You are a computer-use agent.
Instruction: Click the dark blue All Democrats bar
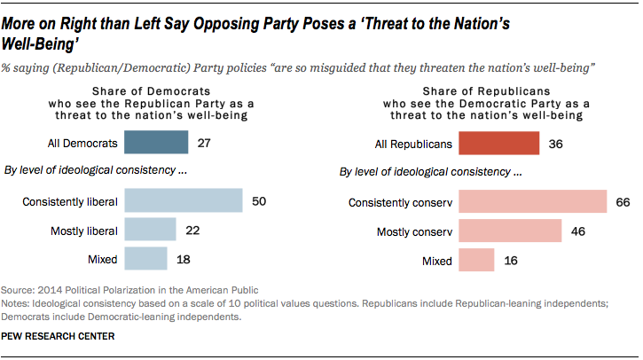(156, 143)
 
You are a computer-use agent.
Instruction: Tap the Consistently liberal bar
(184, 201)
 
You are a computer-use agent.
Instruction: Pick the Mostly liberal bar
(151, 231)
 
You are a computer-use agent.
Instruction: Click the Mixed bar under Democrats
(146, 259)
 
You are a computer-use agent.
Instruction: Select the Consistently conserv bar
(532, 202)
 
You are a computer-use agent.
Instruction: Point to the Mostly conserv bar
(510, 231)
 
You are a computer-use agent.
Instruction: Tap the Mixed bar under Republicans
(476, 261)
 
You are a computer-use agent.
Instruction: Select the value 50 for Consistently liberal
(259, 201)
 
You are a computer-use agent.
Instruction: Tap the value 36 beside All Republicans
(556, 143)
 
